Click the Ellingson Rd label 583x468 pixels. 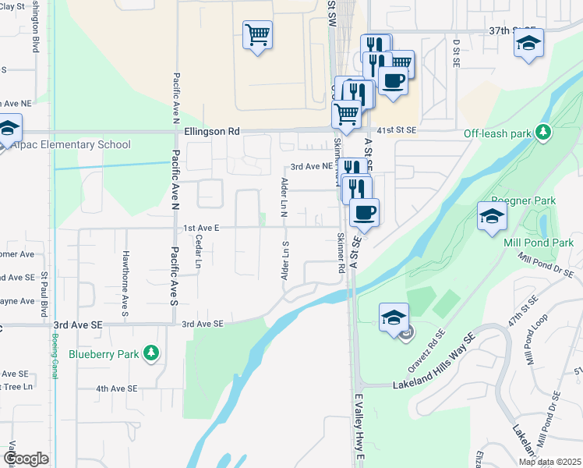click(212, 132)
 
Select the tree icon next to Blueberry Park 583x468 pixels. click(151, 354)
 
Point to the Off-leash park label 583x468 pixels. click(497, 133)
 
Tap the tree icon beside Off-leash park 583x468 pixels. click(542, 133)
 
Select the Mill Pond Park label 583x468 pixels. click(539, 243)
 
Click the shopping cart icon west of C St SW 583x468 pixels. click(257, 35)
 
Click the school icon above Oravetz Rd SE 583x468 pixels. click(394, 317)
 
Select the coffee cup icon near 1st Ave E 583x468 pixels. click(363, 211)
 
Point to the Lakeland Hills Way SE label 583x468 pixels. click(434, 384)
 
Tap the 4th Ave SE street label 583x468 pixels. click(116, 388)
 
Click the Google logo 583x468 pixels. click(26, 459)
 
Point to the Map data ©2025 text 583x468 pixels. click(549, 462)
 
